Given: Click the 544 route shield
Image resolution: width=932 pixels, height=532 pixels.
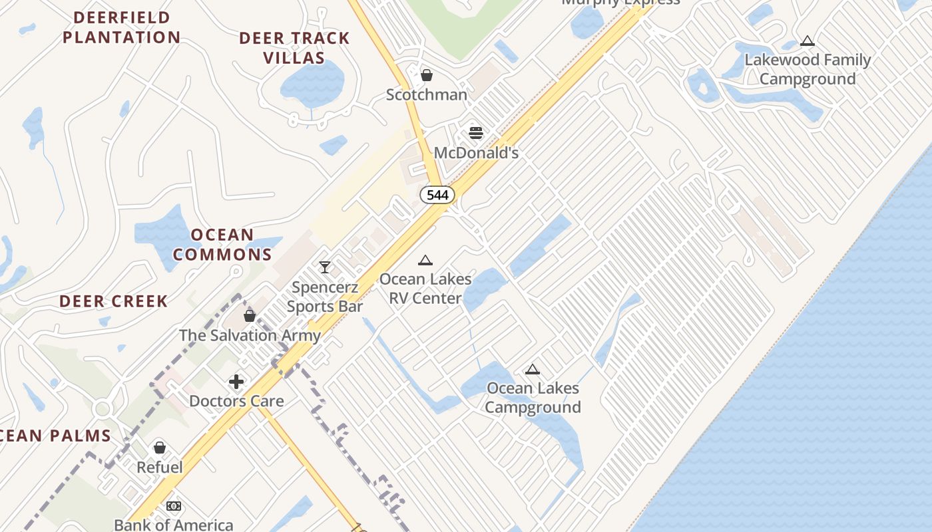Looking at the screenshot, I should (x=437, y=195).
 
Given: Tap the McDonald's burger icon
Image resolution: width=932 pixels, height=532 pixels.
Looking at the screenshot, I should (x=475, y=132).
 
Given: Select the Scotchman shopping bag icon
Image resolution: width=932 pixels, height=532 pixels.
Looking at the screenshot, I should (x=427, y=75).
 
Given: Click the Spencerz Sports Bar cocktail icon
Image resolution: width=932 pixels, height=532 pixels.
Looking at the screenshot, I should (x=325, y=267).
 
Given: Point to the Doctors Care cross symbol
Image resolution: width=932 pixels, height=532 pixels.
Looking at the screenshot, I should (x=236, y=382).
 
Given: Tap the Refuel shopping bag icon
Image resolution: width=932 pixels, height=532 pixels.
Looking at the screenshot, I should (x=160, y=448).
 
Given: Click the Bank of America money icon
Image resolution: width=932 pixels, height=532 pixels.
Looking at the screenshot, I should (x=174, y=506).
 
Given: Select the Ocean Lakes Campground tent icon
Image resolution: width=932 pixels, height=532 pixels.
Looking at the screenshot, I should (x=533, y=369).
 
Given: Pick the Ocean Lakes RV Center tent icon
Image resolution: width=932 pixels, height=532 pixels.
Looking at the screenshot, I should (x=425, y=260).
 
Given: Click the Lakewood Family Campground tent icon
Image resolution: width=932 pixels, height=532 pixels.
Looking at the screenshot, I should (x=808, y=41).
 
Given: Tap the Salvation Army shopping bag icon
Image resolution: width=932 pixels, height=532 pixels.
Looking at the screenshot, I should (x=250, y=315).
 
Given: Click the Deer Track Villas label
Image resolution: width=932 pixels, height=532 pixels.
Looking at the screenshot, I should (x=294, y=48).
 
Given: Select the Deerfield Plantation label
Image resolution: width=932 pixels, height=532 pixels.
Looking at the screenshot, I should (x=121, y=27).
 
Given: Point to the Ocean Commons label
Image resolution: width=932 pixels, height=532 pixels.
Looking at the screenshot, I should (x=222, y=245).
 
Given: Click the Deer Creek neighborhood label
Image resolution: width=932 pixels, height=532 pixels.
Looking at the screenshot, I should (x=114, y=301).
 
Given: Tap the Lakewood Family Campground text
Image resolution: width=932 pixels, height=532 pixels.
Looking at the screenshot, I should (x=808, y=69).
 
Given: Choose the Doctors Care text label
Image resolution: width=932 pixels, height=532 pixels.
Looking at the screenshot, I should (x=236, y=401).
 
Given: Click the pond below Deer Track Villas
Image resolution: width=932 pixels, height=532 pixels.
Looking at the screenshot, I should (x=313, y=85).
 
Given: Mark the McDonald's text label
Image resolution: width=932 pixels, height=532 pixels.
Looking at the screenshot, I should (x=476, y=152).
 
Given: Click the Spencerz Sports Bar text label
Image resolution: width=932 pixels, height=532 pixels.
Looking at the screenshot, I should (x=325, y=297).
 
